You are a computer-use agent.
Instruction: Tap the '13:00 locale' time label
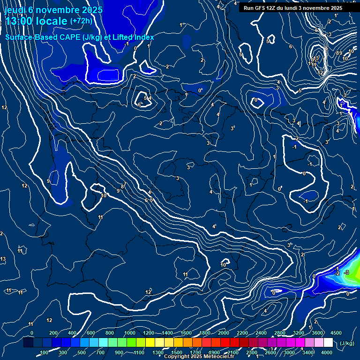(x=36, y=21)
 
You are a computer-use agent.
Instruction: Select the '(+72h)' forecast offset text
(x=81, y=21)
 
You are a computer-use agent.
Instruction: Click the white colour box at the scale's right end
(x=328, y=343)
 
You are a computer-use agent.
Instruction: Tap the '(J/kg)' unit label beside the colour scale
(x=346, y=343)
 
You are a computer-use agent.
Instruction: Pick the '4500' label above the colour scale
(x=336, y=333)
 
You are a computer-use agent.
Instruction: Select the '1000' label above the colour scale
(x=130, y=333)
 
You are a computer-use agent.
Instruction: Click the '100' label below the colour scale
(x=45, y=352)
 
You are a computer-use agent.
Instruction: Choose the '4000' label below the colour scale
(x=327, y=352)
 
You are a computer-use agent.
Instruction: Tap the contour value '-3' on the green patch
(x=346, y=272)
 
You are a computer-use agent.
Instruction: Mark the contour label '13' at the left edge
(x=3, y=259)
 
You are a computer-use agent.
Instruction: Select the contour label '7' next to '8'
(x=126, y=184)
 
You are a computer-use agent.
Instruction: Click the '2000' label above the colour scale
(x=224, y=333)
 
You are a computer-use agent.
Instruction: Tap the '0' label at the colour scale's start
(x=32, y=333)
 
